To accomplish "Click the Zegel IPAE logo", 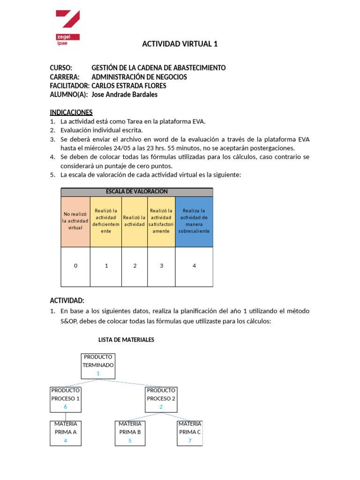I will click(67, 29).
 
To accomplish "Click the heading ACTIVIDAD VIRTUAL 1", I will click(180, 44).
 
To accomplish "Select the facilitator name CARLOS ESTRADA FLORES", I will click(128, 86).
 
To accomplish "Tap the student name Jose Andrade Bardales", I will click(124, 95).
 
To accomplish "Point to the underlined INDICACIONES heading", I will click(71, 112).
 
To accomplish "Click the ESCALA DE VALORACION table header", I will click(136, 192).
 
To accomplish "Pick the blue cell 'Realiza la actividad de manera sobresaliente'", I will click(194, 221).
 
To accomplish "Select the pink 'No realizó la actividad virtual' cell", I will click(75, 221).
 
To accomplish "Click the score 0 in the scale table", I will click(75, 266).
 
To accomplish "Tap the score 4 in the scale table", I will click(194, 266).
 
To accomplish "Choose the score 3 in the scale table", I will click(161, 266).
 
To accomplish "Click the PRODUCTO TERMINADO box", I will click(98, 366).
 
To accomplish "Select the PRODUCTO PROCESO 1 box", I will click(66, 399).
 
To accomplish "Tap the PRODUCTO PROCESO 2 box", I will click(161, 399).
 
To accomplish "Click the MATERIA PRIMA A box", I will click(66, 432).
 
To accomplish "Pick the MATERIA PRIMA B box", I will click(130, 432).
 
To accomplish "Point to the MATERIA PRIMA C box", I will click(190, 432).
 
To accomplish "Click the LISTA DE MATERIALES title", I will click(126, 339).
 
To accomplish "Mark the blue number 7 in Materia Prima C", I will click(190, 441).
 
